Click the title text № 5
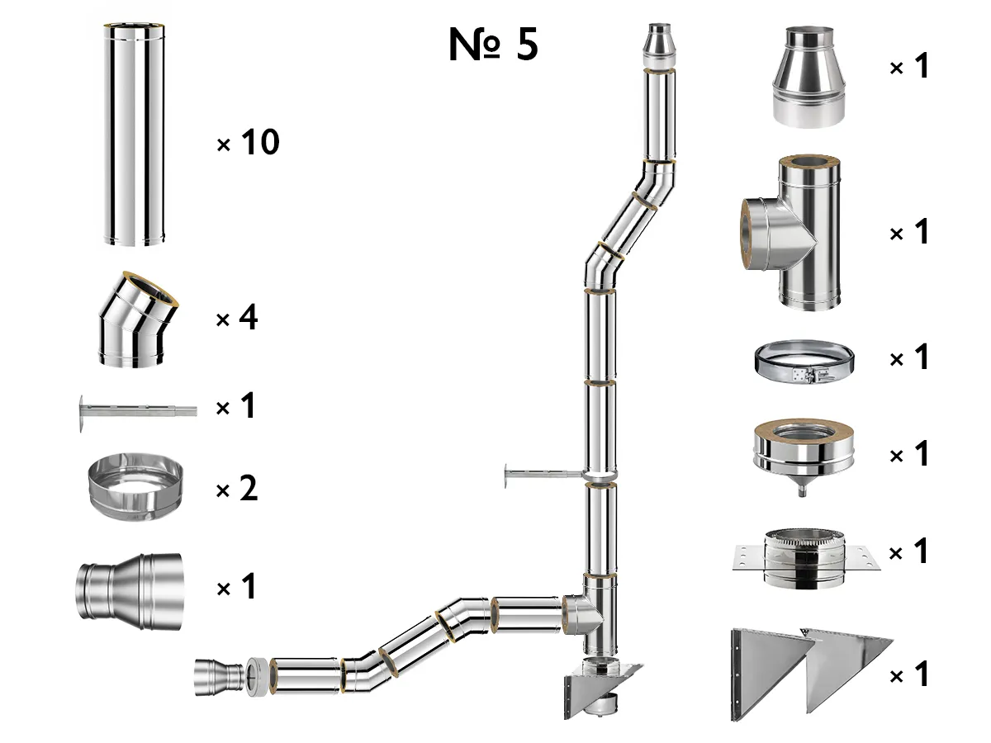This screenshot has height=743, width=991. click(x=493, y=45)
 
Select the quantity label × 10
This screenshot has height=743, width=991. click(x=248, y=144)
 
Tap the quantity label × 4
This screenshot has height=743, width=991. click(x=237, y=318)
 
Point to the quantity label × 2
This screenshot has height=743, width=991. click(x=237, y=490)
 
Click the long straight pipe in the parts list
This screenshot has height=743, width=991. click(x=134, y=135)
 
